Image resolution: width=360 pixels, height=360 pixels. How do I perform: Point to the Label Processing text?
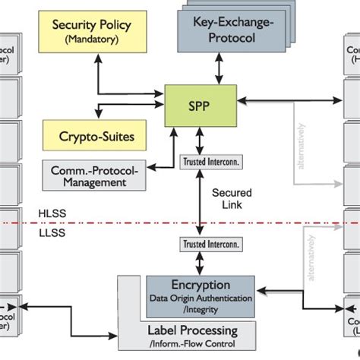192,330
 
